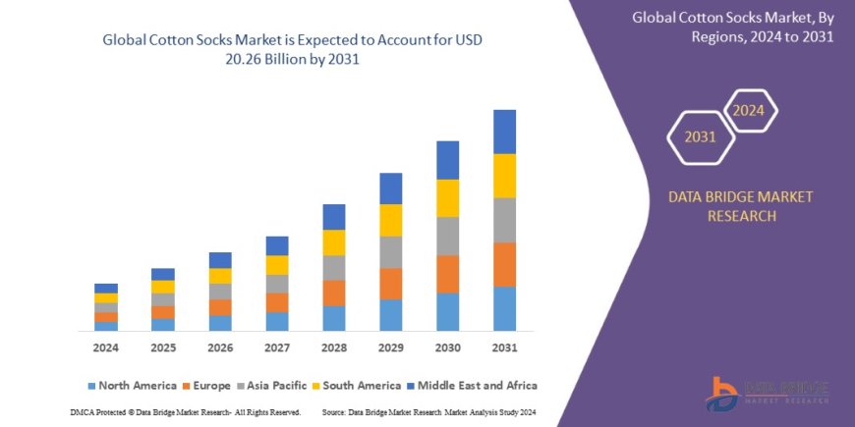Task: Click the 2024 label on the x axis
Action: pos(106,347)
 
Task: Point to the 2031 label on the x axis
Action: pos(504,347)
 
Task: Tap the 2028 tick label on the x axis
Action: pos(334,347)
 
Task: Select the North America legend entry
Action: pos(133,386)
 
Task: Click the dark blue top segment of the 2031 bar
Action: pos(504,131)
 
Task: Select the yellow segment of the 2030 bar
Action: pos(447,197)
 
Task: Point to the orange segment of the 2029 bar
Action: pos(391,283)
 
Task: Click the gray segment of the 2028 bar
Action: pos(334,267)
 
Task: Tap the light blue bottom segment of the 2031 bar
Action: pos(504,308)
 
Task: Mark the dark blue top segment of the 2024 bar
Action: pos(106,288)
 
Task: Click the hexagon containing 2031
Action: pos(700,136)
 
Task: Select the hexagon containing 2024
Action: pos(749,110)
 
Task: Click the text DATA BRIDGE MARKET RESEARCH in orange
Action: pos(740,206)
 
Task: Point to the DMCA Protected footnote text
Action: pos(186,411)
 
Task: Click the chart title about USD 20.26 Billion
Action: pos(294,48)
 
